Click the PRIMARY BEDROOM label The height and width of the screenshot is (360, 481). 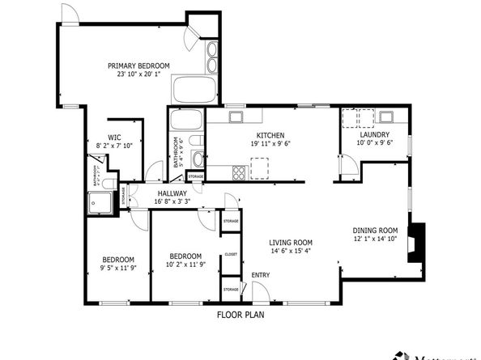(139, 66)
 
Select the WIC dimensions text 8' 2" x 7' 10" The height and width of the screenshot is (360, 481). (114, 146)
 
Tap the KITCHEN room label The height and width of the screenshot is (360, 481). (270, 135)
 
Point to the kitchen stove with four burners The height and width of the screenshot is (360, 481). (240, 172)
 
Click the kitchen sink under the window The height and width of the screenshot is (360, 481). (236, 117)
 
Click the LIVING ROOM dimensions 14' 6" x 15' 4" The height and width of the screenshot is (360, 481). (291, 251)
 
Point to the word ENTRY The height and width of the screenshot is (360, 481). (261, 275)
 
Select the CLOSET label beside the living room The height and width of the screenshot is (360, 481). (231, 254)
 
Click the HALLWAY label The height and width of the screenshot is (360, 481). (172, 193)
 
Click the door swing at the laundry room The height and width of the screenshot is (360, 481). (348, 167)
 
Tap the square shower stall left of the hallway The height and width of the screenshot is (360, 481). (100, 203)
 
